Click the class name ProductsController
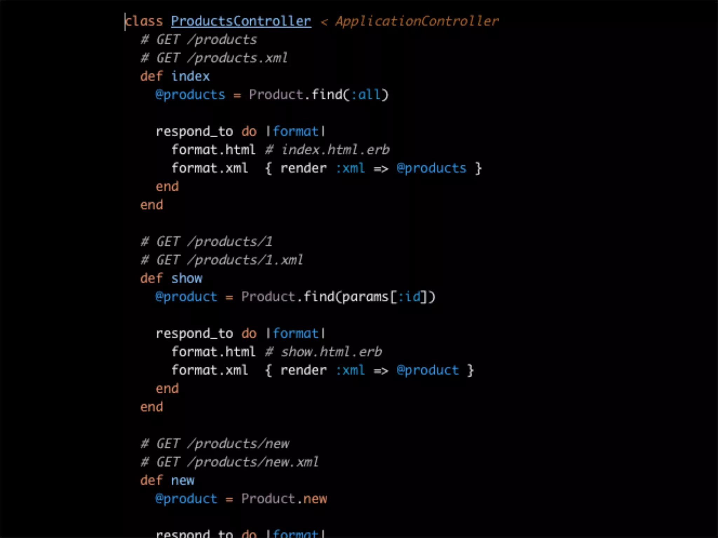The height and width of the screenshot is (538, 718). point(241,21)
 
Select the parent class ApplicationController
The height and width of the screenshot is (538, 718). point(417,21)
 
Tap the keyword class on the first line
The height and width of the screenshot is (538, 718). point(144,21)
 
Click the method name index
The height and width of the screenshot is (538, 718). point(190,76)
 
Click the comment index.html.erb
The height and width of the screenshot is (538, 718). point(336,150)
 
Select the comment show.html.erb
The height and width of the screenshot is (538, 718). point(331,352)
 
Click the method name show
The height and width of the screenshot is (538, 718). point(187,278)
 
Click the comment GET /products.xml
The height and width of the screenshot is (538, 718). point(222,58)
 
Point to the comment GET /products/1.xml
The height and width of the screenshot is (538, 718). point(229,260)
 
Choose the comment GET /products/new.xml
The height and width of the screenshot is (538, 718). point(237,462)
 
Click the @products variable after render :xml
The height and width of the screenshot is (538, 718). point(431,168)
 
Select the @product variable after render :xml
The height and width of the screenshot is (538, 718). point(427,370)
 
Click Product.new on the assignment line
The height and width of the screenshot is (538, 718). point(284,498)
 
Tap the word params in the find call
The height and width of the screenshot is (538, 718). point(365,297)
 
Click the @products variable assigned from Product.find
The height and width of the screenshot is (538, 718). point(190,95)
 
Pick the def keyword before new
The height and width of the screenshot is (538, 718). point(151,480)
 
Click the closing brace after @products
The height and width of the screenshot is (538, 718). point(478,168)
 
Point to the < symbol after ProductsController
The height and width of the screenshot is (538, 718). point(324,22)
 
